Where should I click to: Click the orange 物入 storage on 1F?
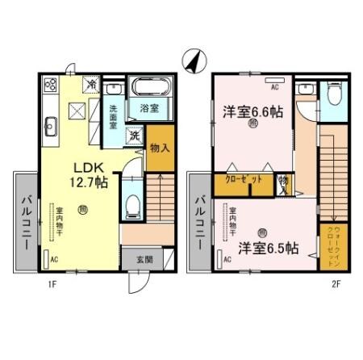[x=160, y=149]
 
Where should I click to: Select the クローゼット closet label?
[x=241, y=182]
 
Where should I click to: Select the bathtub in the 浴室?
[x=148, y=86]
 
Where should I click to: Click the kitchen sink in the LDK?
[x=50, y=125]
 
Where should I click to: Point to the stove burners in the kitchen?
[x=49, y=85]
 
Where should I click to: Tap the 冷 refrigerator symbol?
[x=92, y=83]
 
